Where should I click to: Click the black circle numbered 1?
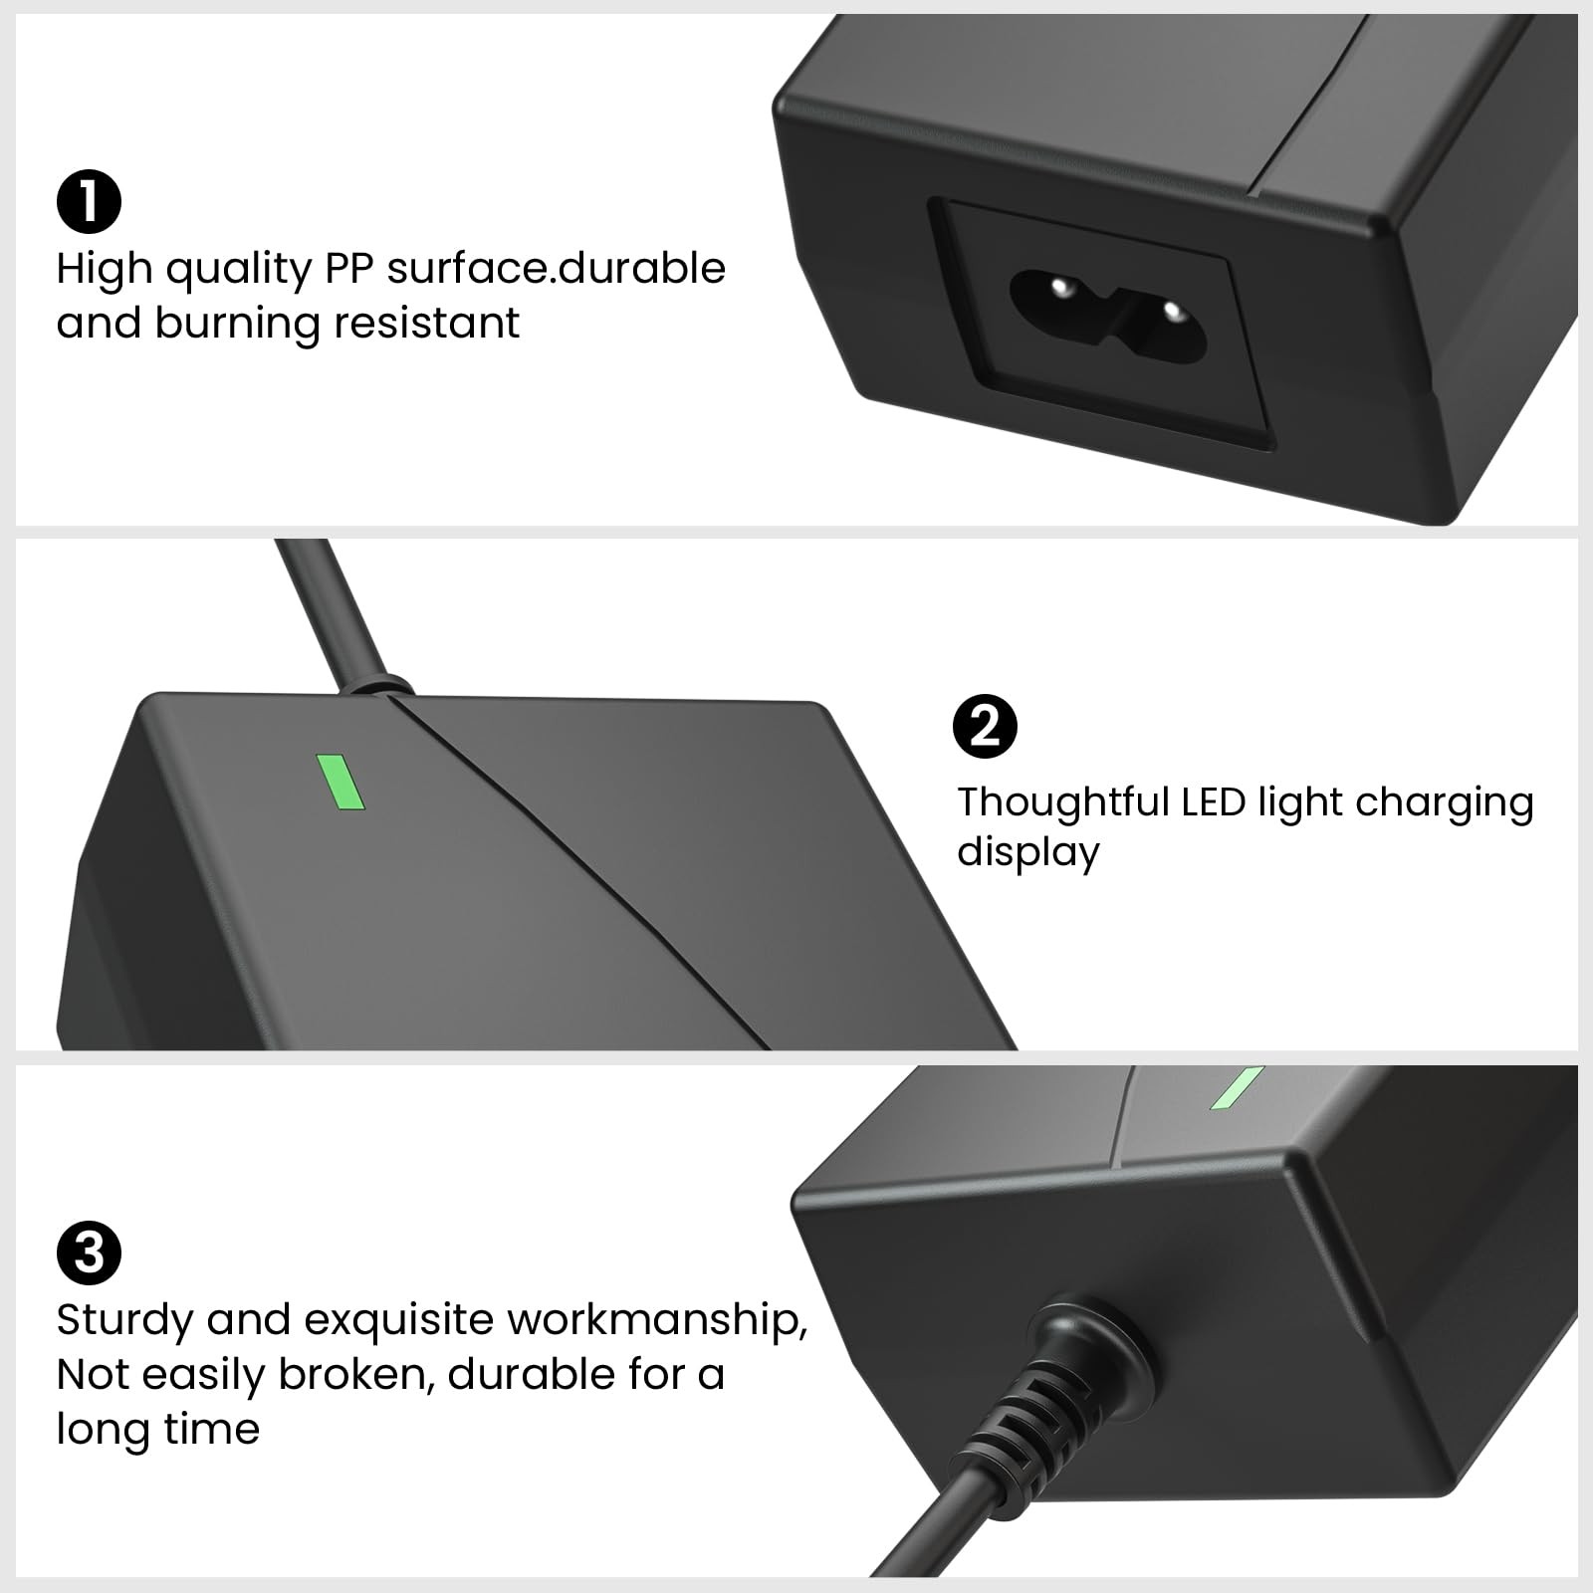pyautogui.click(x=89, y=201)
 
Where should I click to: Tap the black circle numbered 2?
pyautogui.click(x=985, y=728)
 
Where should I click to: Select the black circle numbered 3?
pyautogui.click(x=89, y=1252)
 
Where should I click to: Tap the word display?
pyautogui.click(x=1027, y=854)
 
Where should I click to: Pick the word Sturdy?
pyautogui.click(x=124, y=1322)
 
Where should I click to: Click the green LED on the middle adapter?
pyautogui.click(x=341, y=782)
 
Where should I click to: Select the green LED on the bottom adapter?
pyautogui.click(x=1237, y=1088)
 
